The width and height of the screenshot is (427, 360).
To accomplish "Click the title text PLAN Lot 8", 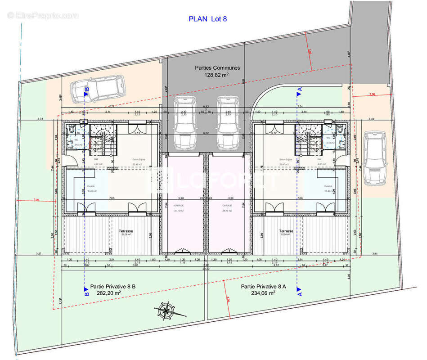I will pos(207,19).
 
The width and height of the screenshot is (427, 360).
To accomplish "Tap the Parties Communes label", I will pos(217,68).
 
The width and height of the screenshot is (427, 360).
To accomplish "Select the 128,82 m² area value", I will pos(217,76).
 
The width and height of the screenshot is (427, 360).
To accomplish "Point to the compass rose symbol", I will pos(166,310).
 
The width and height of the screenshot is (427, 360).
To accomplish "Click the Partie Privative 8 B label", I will pos(113,286).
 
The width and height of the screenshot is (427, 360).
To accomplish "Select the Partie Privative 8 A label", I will pos(264,286).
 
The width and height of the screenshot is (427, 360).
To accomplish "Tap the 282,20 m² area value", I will pos(108,293).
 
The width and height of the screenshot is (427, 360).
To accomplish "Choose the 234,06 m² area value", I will pos(263,293).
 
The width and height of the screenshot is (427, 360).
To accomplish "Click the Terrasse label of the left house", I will pos(126,231).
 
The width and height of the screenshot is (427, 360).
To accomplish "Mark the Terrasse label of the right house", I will pos(286,231).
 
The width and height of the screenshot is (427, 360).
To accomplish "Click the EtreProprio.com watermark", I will pos(43,16).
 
